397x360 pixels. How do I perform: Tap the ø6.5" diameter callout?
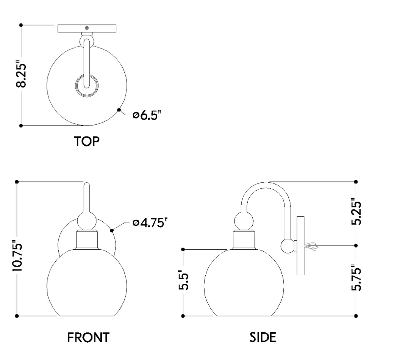[147, 115]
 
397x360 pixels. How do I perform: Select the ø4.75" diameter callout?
[150, 223]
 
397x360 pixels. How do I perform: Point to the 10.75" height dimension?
[17, 256]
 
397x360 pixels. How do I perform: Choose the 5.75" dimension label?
[356, 277]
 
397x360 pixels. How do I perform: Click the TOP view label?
[87, 141]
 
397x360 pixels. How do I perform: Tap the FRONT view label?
[88, 337]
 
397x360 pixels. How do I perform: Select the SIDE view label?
[263, 337]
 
